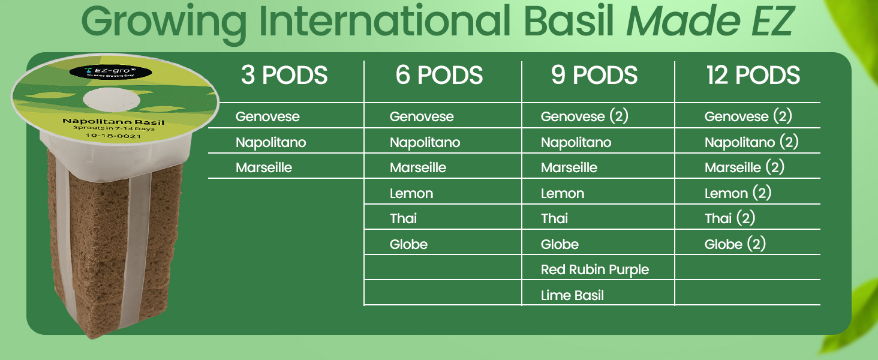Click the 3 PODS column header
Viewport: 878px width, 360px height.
284,76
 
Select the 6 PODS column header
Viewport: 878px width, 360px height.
439,76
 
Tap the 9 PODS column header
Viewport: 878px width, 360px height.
594,76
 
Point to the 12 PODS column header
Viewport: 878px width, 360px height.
753,76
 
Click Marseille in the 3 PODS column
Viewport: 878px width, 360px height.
264,168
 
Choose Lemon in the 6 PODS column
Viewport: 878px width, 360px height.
411,193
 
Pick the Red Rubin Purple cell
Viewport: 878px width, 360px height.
595,270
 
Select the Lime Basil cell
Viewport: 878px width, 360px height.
572,295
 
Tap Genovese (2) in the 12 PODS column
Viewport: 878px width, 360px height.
748,116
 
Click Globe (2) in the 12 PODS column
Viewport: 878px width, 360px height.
735,244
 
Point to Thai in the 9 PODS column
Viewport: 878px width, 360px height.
555,218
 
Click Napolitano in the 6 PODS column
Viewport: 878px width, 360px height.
425,142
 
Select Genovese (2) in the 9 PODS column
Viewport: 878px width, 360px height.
585,116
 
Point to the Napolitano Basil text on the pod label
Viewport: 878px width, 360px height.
113,122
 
